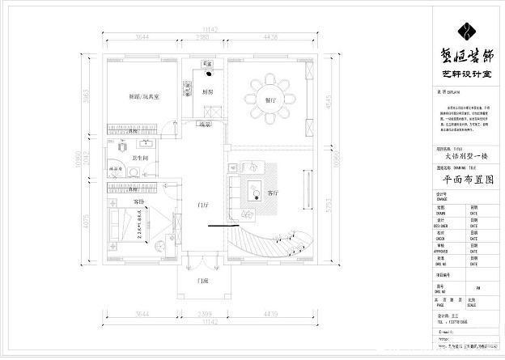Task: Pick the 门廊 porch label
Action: (x=205, y=280)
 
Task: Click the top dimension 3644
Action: (x=142, y=38)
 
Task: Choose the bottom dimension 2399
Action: (x=204, y=312)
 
